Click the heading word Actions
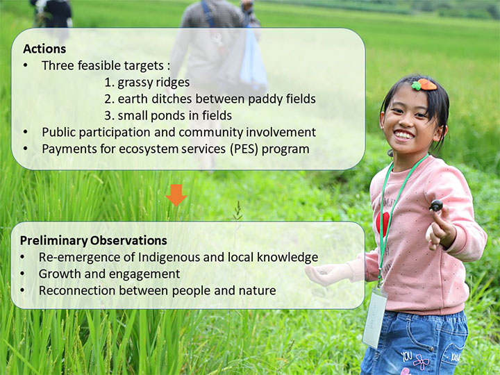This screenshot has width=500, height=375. coord(44,49)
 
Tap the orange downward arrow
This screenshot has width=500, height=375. coord(176,195)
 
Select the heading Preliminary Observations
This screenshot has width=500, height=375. coord(94,240)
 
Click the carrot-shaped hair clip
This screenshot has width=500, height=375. coord(424,85)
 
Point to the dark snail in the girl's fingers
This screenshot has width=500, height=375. coord(436,206)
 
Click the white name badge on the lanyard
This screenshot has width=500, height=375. coord(375,317)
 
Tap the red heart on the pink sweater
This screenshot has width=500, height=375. coord(383,223)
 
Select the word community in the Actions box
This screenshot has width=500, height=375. coord(210,133)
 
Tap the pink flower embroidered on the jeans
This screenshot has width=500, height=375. coord(421,362)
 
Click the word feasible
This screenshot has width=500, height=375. coord(99,66)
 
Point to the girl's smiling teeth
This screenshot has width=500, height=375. coord(403,135)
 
